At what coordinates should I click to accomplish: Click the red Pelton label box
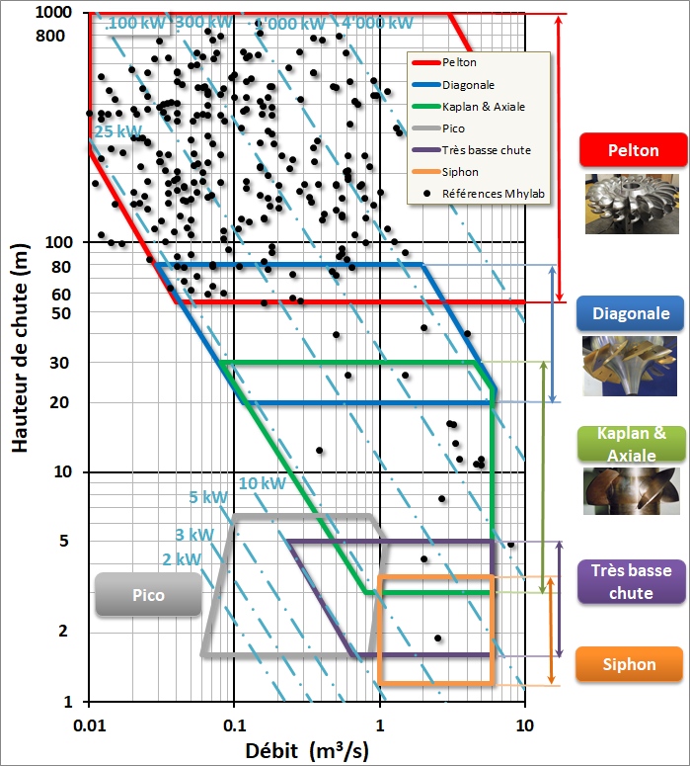tap(633, 151)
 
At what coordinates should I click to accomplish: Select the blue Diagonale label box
tap(631, 314)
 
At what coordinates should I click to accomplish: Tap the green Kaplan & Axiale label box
tap(631, 444)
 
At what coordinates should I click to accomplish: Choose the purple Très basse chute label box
tap(631, 581)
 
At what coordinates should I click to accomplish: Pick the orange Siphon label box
tap(630, 664)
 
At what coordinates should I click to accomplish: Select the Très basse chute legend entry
tap(486, 150)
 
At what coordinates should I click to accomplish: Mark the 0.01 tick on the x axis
tap(89, 725)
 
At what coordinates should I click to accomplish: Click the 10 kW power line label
tap(262, 483)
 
